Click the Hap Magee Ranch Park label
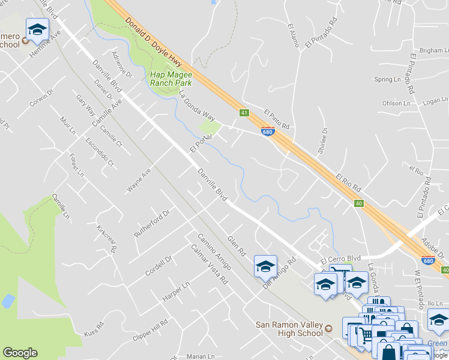[170, 79]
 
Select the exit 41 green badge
[244, 112]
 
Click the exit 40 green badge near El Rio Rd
[358, 203]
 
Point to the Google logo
[20, 353]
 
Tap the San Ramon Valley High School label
[290, 329]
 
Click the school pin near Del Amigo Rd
[265, 266]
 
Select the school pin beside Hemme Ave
[37, 29]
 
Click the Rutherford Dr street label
[152, 223]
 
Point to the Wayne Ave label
[138, 180]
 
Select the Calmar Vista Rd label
[209, 265]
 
